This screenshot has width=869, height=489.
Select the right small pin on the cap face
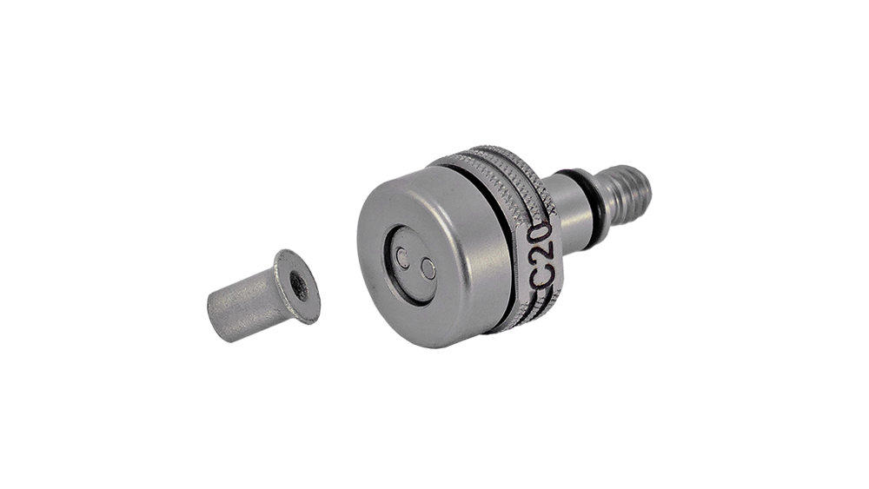pyautogui.click(x=428, y=269)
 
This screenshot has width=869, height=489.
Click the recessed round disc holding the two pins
pyautogui.click(x=409, y=263)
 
